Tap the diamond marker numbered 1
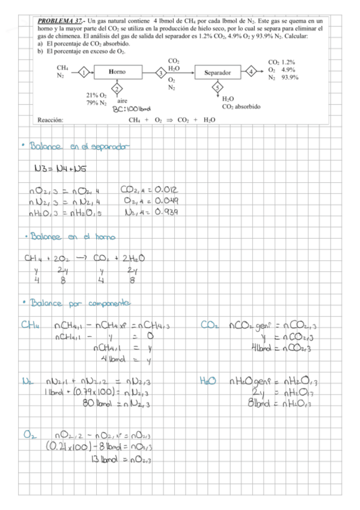tap(85, 72)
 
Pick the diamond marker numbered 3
tap(161, 72)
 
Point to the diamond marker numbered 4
tap(250, 72)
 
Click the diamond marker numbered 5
tap(218, 88)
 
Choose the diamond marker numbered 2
tap(117, 89)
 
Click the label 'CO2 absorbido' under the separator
tap(241, 106)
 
